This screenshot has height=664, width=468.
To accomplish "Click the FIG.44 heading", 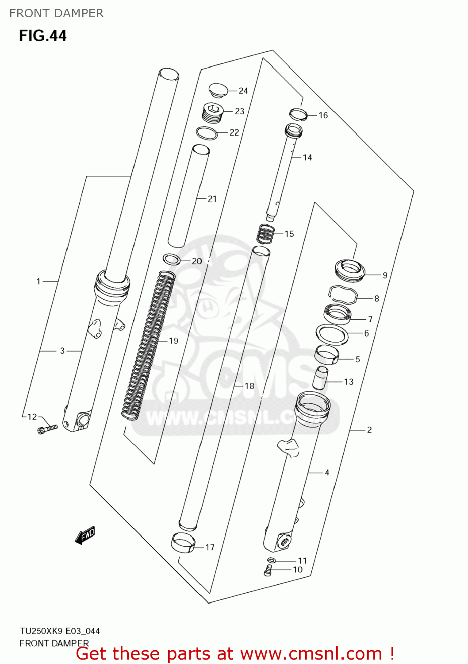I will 43,35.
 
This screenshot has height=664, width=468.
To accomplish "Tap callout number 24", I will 243,91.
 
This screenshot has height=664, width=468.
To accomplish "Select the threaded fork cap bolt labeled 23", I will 212,112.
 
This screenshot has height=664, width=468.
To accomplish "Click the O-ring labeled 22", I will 207,133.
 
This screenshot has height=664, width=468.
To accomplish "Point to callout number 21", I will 212,199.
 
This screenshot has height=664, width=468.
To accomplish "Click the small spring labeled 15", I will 265,234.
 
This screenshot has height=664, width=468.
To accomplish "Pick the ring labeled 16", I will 298,114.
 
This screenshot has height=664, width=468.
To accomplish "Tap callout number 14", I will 307,158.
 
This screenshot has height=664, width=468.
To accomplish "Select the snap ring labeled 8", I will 343,294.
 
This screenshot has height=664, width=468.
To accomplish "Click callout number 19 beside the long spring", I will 173,341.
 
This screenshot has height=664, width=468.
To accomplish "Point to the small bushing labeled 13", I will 321,377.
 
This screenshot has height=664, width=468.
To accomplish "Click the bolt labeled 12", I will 47,429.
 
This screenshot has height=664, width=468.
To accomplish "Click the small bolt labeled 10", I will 268,571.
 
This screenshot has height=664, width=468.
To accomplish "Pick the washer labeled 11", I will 272,560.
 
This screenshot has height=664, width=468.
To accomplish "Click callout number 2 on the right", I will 369,430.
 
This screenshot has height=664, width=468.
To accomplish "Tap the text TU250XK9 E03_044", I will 60,631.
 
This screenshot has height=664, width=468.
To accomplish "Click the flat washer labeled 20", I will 171,259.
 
